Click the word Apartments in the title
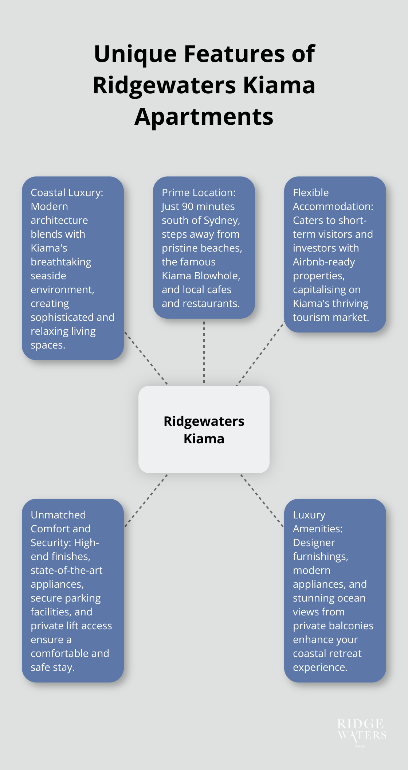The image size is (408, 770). click(x=204, y=117)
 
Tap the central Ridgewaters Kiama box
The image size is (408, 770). click(x=204, y=429)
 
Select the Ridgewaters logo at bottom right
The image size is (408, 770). click(x=361, y=731)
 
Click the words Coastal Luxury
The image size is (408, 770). click(x=66, y=192)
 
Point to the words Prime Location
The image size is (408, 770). click(x=199, y=192)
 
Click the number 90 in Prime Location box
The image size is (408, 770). click(x=187, y=206)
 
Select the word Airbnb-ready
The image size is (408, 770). click(x=323, y=262)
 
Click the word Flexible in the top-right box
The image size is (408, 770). click(x=311, y=192)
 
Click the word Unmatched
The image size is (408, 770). click(x=58, y=515)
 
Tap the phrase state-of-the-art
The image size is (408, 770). click(x=66, y=570)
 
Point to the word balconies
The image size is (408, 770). click(x=352, y=626)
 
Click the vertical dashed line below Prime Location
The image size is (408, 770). click(x=204, y=352)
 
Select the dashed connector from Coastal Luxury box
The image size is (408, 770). click(x=146, y=358)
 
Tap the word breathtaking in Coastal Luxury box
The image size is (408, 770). click(x=61, y=262)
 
